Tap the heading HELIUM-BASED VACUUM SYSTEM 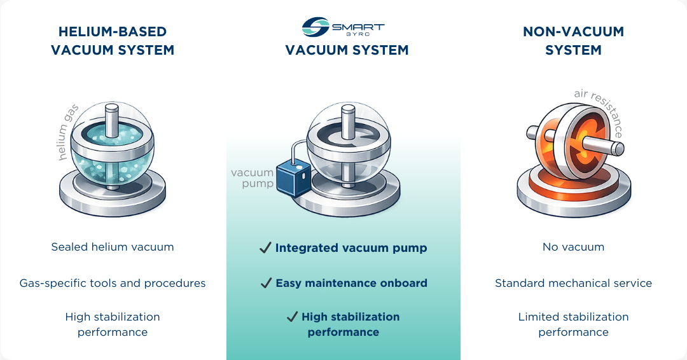[x=113, y=41]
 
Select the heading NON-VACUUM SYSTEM [x=573, y=41]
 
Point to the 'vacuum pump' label [x=252, y=178]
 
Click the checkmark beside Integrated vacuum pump [x=265, y=248]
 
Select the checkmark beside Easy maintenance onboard [x=266, y=283]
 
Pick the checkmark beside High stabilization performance [x=292, y=317]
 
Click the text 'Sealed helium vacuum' [x=113, y=247]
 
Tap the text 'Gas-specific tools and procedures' [x=113, y=283]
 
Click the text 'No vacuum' [x=573, y=247]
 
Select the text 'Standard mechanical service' [x=573, y=283]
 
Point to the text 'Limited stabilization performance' [x=573, y=324]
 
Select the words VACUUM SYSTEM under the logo [x=347, y=50]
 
